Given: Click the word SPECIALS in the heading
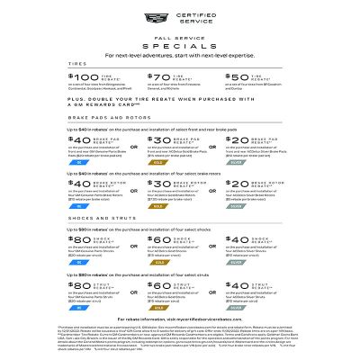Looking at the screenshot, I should click(179, 41).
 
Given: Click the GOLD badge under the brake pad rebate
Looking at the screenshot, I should click(158, 163).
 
